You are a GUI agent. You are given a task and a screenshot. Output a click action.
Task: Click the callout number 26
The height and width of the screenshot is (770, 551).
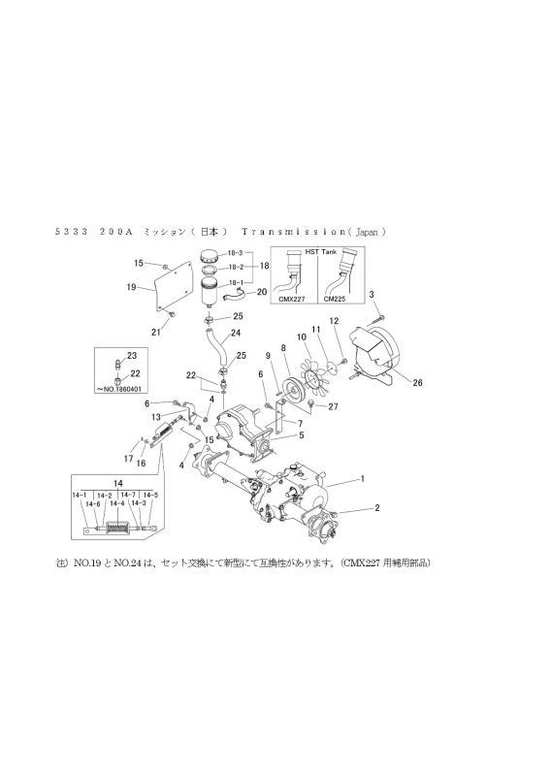coord(418,383)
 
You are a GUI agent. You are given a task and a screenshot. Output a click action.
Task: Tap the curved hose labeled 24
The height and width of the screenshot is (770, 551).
coord(216,346)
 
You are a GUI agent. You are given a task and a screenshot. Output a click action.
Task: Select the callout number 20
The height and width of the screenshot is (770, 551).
coord(262,292)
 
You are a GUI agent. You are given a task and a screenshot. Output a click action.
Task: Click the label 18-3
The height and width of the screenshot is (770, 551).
coord(235,251)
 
